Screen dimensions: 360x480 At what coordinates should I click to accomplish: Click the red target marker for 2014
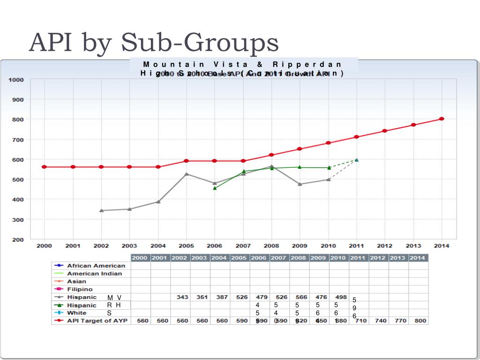pos(442,119)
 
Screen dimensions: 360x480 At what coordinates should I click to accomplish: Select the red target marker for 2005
pos(186,161)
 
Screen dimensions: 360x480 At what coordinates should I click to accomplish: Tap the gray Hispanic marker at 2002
pos(101,210)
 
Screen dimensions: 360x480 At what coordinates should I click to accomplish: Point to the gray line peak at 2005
pos(186,174)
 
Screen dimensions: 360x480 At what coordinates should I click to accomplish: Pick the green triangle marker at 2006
pos(215,188)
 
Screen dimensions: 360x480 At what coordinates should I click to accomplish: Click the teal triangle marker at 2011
pos(357,160)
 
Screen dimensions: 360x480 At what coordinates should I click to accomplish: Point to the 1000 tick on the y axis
pos(15,80)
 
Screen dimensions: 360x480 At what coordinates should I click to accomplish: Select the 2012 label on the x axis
pos(385,246)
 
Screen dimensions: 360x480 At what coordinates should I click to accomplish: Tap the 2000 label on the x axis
pos(45,246)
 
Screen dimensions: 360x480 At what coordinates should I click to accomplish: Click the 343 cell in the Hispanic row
pos(182,297)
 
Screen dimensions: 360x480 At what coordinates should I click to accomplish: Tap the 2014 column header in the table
pos(418,258)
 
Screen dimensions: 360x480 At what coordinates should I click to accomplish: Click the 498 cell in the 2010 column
pos(341,297)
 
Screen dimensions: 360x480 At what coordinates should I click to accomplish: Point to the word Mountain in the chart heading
pos(174,64)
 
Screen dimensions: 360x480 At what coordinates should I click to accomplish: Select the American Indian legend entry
pos(94,274)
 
